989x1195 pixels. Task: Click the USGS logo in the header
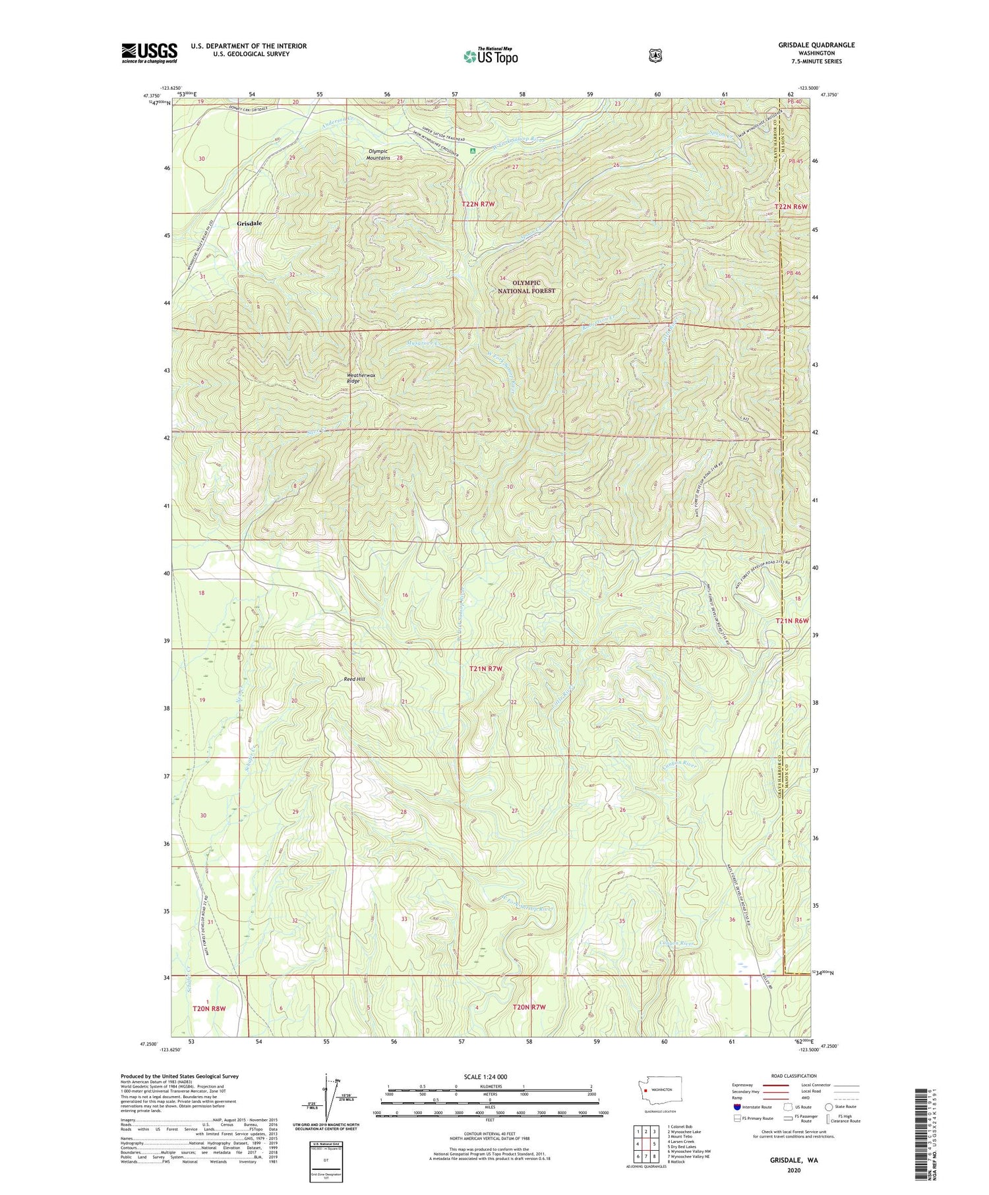click(x=150, y=53)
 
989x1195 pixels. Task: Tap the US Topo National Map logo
click(x=491, y=56)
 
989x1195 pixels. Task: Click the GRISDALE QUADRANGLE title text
click(x=816, y=45)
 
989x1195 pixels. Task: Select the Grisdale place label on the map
click(x=249, y=223)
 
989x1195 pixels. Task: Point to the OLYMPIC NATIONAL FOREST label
click(x=526, y=287)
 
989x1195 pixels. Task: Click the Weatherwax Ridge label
click(x=361, y=378)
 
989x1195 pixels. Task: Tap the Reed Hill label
click(x=354, y=680)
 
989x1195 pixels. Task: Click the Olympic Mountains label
click(x=378, y=154)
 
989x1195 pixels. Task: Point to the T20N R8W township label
click(x=209, y=1008)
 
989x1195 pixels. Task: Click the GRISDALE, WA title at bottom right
click(x=794, y=1159)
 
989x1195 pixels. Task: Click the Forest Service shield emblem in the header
click(x=655, y=56)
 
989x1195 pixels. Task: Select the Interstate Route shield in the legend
click(x=737, y=1107)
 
